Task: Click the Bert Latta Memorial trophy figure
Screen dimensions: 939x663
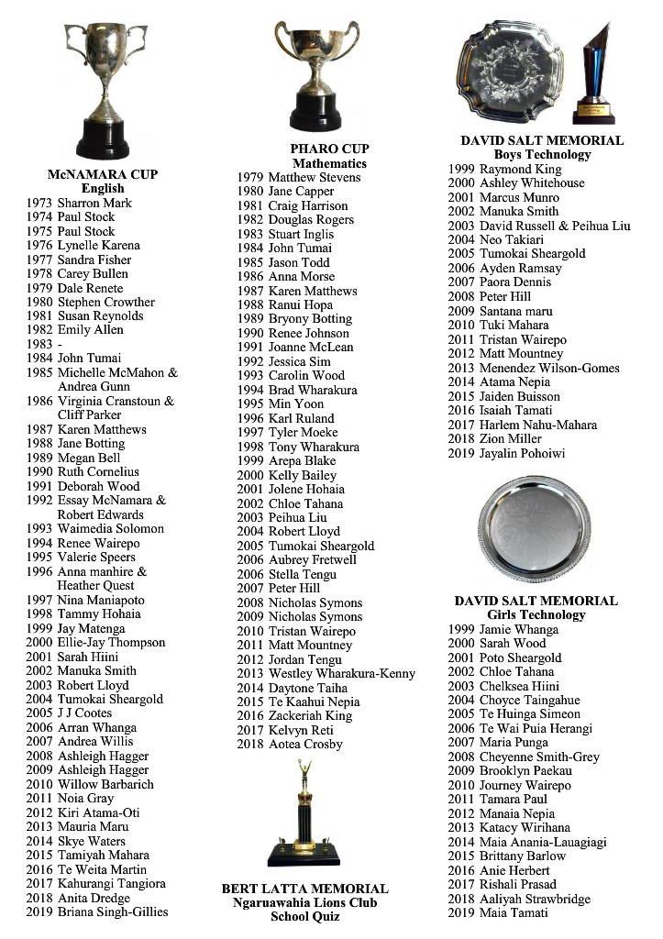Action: [304, 816]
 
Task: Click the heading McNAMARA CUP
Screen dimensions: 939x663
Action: [103, 174]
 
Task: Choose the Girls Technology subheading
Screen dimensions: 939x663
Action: [536, 615]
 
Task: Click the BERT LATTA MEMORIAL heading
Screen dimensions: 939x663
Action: [304, 889]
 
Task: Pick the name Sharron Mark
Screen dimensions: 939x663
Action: [94, 203]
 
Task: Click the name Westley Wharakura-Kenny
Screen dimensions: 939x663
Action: [341, 673]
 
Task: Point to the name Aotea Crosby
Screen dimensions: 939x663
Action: [305, 744]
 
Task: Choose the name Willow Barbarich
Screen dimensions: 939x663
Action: [105, 784]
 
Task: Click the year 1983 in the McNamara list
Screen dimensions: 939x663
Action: [39, 344]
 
